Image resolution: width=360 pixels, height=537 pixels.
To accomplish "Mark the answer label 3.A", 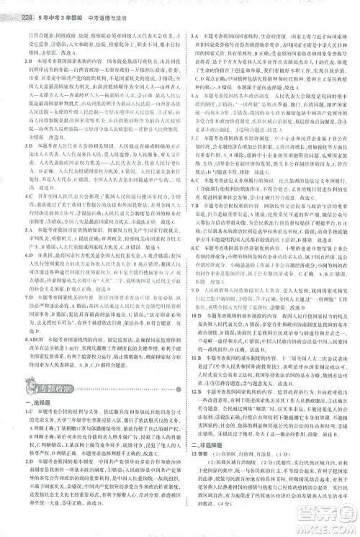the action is (194, 35).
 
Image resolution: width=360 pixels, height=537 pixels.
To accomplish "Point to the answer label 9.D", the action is (194, 286).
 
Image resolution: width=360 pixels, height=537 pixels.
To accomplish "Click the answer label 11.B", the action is (195, 356).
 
